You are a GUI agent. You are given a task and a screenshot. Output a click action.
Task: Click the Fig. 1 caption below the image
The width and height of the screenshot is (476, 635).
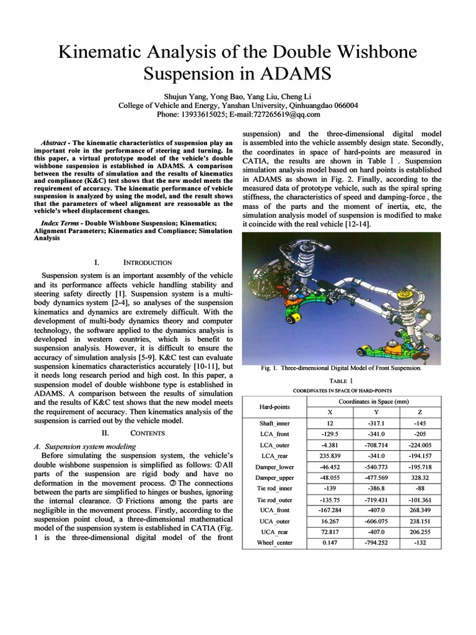(x=341, y=368)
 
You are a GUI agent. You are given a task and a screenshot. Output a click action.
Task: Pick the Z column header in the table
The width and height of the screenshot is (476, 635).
(x=420, y=412)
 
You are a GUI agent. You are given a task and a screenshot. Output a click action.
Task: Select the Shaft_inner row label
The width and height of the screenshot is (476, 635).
(x=273, y=423)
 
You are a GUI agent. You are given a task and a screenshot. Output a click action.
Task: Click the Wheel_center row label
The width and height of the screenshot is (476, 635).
(x=273, y=543)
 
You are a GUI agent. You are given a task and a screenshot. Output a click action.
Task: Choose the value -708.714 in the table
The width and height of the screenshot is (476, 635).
(x=374, y=445)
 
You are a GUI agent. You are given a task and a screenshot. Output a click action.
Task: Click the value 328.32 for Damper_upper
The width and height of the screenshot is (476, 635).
(x=420, y=477)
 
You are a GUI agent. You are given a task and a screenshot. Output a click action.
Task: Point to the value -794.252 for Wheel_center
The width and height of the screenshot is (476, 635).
(x=374, y=543)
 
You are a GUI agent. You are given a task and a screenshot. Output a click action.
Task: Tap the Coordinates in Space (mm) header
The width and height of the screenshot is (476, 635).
(x=374, y=402)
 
